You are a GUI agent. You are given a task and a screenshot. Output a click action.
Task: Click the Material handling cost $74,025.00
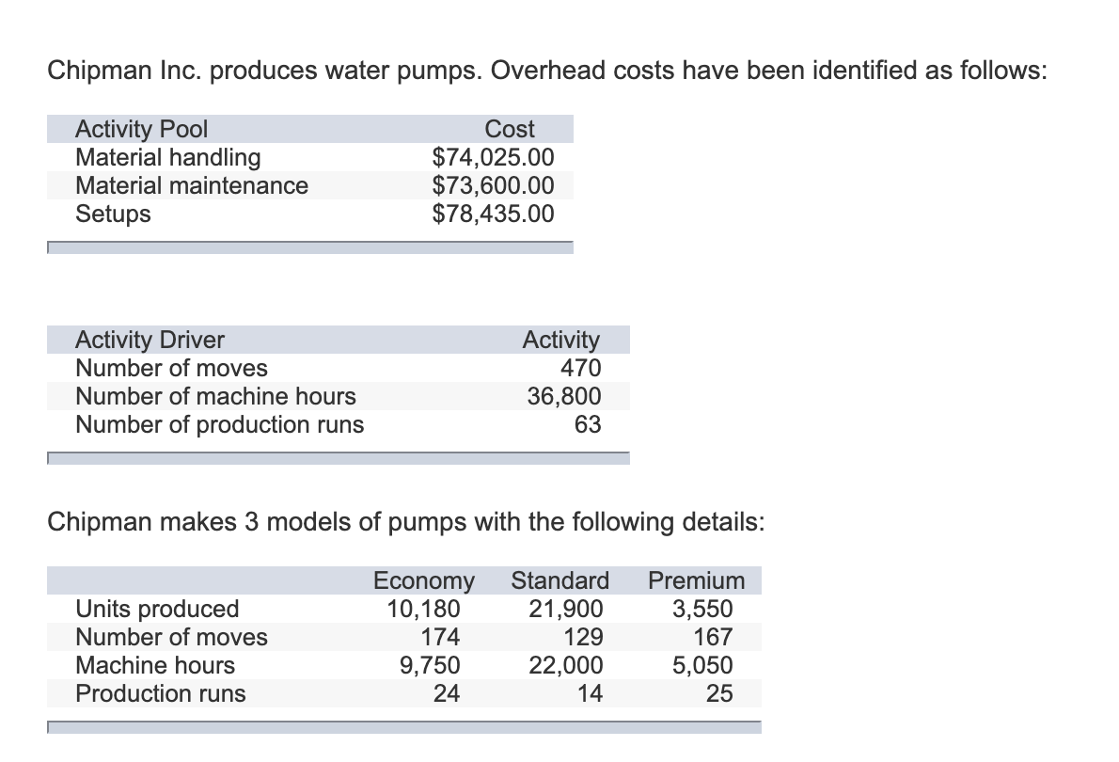(493, 157)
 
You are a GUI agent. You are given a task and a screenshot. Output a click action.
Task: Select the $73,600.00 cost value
(493, 185)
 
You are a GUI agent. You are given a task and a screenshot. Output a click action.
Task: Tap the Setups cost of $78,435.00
(493, 214)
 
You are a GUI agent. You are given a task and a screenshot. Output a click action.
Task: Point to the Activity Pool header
(141, 129)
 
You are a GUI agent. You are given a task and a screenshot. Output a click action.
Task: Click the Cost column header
(510, 129)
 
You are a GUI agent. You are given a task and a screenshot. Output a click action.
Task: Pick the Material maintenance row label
(192, 185)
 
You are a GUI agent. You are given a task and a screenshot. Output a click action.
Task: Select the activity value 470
(580, 368)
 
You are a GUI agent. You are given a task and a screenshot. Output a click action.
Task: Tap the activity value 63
(588, 424)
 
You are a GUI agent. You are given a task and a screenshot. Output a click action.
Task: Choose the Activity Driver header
(150, 340)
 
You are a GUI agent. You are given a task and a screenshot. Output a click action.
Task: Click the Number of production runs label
(219, 424)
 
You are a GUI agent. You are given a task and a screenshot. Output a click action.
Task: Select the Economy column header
(424, 580)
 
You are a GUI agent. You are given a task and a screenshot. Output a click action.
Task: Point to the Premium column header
(697, 580)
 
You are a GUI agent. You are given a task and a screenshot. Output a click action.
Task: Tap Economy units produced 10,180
(424, 609)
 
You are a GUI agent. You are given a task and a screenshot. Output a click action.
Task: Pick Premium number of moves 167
(712, 637)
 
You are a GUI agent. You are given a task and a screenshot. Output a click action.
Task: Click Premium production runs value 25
(719, 693)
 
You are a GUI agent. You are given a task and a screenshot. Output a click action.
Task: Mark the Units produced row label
(157, 609)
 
